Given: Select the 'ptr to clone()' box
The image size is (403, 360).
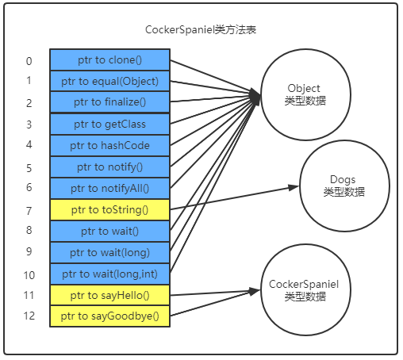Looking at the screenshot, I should point(110,59).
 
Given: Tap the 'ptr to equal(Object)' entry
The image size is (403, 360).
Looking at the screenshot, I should point(110,81).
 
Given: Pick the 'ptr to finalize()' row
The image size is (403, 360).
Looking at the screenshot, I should point(110,102).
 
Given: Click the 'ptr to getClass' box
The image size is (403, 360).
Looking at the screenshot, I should point(110,124).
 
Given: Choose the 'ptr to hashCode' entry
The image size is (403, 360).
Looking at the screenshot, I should point(110,145).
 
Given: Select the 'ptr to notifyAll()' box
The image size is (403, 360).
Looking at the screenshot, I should point(110,188).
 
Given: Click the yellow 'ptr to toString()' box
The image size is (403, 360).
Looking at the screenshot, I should point(110,209).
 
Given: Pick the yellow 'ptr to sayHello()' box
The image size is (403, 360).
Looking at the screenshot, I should point(110,295).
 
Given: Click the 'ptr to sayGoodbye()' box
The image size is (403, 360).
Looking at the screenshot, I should point(110,316).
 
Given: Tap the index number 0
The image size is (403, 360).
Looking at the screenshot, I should point(29,61).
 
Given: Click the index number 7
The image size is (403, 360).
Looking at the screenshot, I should point(29,211).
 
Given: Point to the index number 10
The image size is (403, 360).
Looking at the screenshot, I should point(29,275).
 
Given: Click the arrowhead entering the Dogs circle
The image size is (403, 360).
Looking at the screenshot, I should point(291,189).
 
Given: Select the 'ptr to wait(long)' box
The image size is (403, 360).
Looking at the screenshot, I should point(110,252).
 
